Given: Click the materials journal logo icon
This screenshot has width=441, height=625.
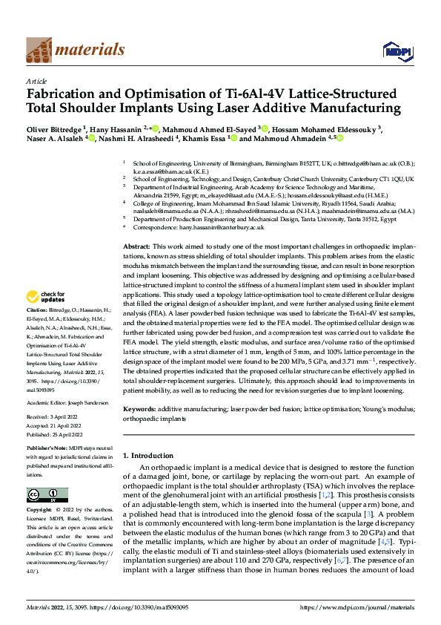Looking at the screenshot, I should tap(39, 49).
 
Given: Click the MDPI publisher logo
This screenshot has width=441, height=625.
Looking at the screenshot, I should tap(395, 50).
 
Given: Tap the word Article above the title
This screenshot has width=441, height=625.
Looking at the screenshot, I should tap(36, 80).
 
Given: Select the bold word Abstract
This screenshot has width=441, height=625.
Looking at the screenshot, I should tap(136, 225).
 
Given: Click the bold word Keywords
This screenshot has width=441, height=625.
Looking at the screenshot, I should tap(139, 409).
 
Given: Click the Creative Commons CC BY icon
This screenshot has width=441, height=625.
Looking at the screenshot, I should tap(47, 495).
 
